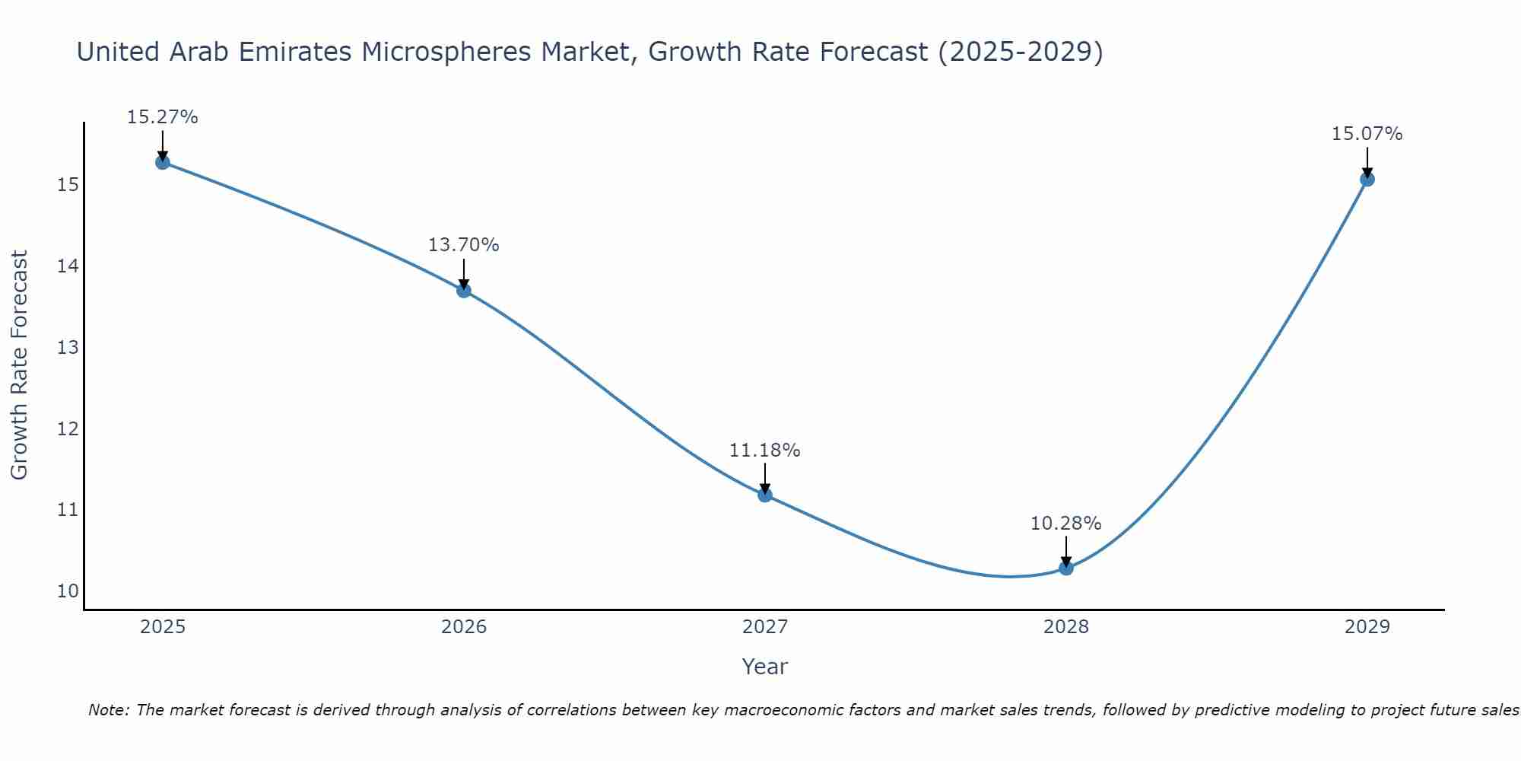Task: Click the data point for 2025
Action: pyautogui.click(x=163, y=162)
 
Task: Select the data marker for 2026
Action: pyautogui.click(x=464, y=290)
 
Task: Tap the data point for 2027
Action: pyautogui.click(x=765, y=495)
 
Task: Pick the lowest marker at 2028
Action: pyautogui.click(x=1066, y=568)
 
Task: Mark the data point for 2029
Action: pyautogui.click(x=1367, y=180)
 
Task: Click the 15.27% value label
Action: pyautogui.click(x=163, y=117)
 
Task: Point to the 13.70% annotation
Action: pyautogui.click(x=464, y=245)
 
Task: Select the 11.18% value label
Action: pyautogui.click(x=765, y=451)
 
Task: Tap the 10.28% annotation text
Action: pyautogui.click(x=1066, y=524)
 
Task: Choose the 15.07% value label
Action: pyautogui.click(x=1367, y=134)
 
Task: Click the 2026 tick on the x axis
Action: pyautogui.click(x=464, y=627)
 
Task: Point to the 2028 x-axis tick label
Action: pyautogui.click(x=1066, y=627)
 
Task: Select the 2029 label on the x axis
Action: pyautogui.click(x=1367, y=627)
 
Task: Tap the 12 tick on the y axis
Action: pyautogui.click(x=68, y=428)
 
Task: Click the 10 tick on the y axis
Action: pyautogui.click(x=68, y=591)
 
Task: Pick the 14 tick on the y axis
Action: pyautogui.click(x=68, y=266)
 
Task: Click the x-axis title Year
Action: pyautogui.click(x=765, y=667)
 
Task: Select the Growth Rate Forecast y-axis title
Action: pyautogui.click(x=20, y=365)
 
